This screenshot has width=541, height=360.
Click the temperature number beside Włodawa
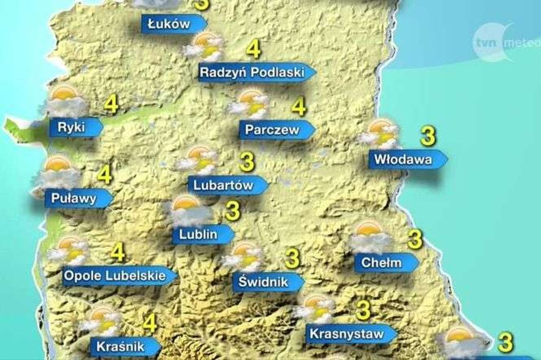pyautogui.click(x=428, y=136)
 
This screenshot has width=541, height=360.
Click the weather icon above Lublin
pyautogui.click(x=189, y=211)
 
